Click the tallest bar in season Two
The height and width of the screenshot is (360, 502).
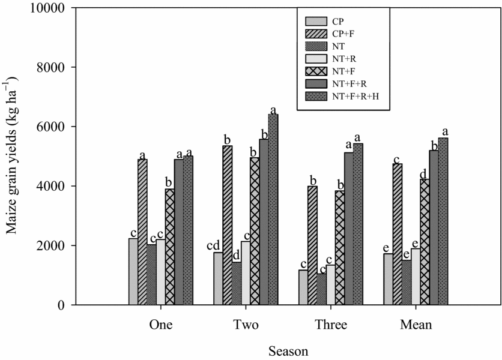coord(274,210)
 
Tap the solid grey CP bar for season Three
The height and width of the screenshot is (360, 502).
coord(303,287)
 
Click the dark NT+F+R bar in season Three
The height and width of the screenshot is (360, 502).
coord(349,229)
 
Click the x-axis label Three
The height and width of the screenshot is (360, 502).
coord(330,326)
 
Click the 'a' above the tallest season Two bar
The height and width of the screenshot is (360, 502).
coord(274,109)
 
